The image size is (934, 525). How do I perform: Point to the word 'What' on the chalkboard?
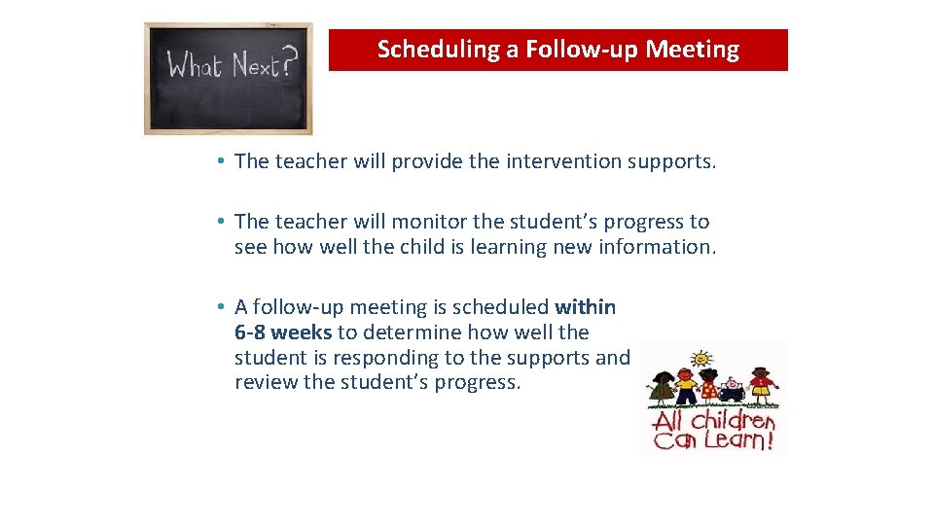point(196,66)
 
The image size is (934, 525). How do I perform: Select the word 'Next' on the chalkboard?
point(250,66)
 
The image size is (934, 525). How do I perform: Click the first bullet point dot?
point(223,161)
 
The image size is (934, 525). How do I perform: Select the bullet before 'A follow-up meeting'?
point(223,307)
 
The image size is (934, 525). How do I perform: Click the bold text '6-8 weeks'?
point(283,332)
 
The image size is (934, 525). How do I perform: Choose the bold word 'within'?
point(585,307)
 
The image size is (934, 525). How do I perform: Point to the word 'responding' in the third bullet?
point(388,358)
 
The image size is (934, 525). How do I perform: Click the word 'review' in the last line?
point(266,382)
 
